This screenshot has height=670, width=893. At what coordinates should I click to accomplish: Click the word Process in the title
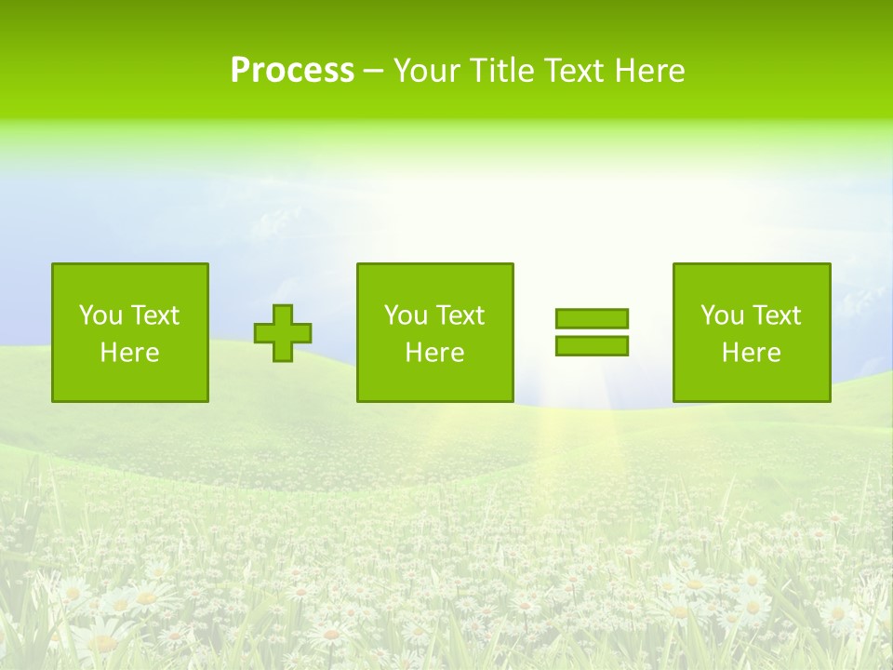pos(292,71)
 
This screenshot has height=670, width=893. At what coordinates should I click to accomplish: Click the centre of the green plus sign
pos(283,333)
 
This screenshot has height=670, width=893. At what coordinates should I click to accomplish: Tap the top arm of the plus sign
pos(283,314)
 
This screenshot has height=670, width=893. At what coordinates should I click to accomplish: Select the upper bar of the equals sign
pos(592,319)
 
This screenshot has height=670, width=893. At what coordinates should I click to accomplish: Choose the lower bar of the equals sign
pos(592,346)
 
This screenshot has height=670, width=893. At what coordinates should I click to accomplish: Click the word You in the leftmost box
pos(100,315)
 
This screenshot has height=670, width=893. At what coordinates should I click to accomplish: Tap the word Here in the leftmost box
pos(129,353)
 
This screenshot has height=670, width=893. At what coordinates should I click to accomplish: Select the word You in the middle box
pos(406,315)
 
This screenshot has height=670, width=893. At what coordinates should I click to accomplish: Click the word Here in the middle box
pos(434,353)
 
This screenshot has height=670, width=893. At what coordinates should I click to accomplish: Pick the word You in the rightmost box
pos(722,315)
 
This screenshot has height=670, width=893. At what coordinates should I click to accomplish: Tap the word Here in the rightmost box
pos(751,353)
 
